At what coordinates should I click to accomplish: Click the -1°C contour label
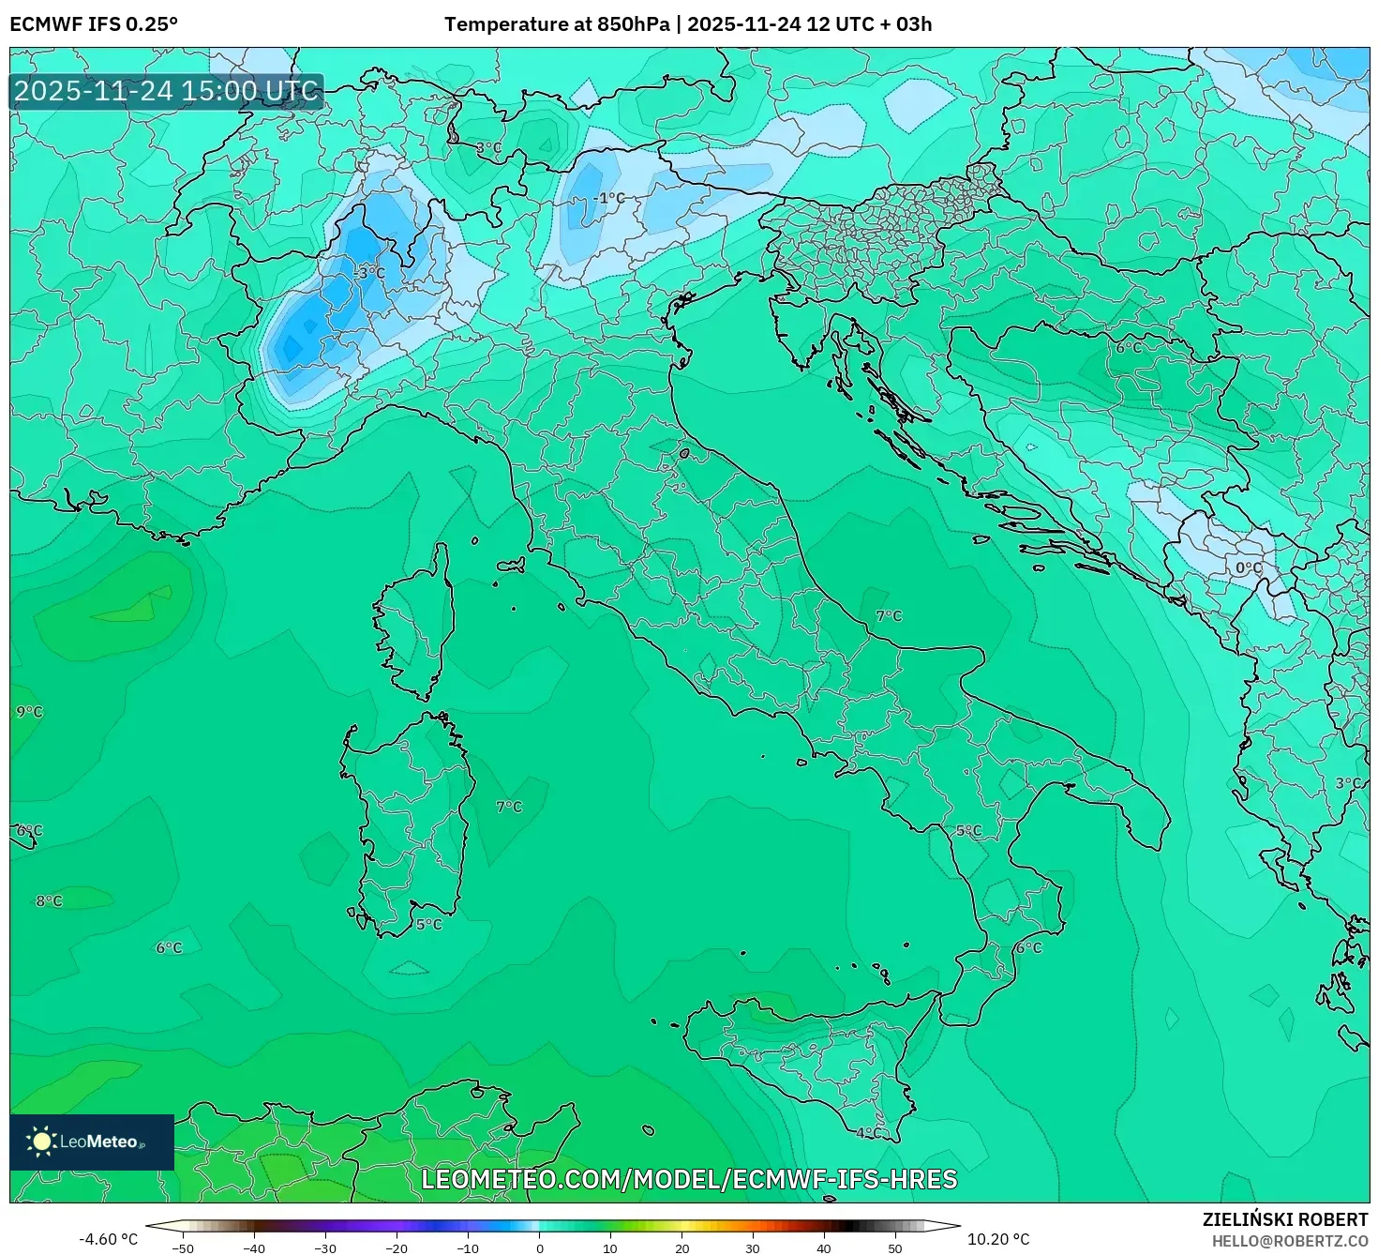609,198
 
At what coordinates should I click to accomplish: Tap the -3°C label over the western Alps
371,273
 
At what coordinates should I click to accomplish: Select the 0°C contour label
1248,568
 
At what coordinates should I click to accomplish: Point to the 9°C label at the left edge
29,712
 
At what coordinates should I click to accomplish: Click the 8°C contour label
49,901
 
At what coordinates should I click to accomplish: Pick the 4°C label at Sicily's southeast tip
869,1133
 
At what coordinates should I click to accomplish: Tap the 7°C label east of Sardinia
509,807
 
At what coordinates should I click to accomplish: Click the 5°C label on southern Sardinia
428,925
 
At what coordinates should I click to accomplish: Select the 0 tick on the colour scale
539,1248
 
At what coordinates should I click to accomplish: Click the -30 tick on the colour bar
324,1248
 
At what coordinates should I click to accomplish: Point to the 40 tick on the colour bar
824,1248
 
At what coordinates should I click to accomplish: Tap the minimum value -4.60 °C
108,1239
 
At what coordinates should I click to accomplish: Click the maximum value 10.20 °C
998,1239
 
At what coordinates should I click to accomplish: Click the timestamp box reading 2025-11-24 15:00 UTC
167,91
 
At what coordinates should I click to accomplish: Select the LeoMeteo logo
91,1142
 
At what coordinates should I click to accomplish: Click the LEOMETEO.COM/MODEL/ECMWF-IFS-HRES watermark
689,1179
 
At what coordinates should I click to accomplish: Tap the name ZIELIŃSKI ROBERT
1285,1219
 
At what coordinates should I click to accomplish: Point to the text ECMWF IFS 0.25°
94,24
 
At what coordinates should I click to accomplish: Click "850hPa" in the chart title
633,24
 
